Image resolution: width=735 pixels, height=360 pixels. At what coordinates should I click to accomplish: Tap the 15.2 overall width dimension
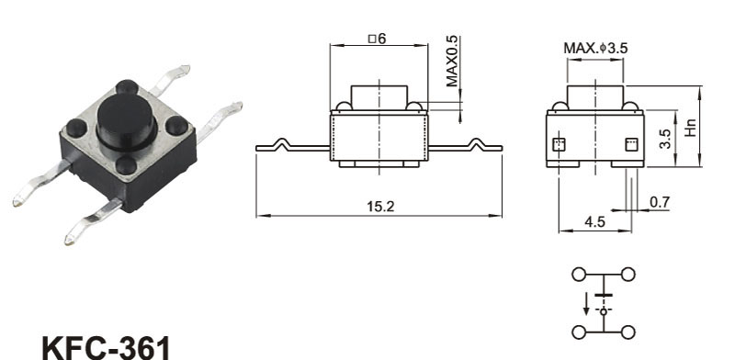[x=380, y=207]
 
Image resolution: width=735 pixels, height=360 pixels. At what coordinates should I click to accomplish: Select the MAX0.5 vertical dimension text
[x=452, y=62]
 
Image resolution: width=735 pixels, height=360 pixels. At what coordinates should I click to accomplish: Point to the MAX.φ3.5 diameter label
[x=595, y=48]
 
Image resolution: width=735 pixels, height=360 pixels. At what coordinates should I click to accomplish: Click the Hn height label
[x=691, y=127]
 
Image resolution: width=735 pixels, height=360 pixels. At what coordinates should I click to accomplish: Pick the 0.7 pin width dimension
[x=660, y=202]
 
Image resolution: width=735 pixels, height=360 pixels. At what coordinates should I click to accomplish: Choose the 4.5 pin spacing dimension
[x=594, y=221]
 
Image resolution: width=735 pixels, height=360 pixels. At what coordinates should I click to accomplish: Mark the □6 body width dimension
[x=377, y=39]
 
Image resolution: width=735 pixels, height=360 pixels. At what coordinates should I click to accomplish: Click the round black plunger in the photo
[x=127, y=120]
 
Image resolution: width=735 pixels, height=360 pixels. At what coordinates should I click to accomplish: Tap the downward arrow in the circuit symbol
[x=586, y=304]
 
